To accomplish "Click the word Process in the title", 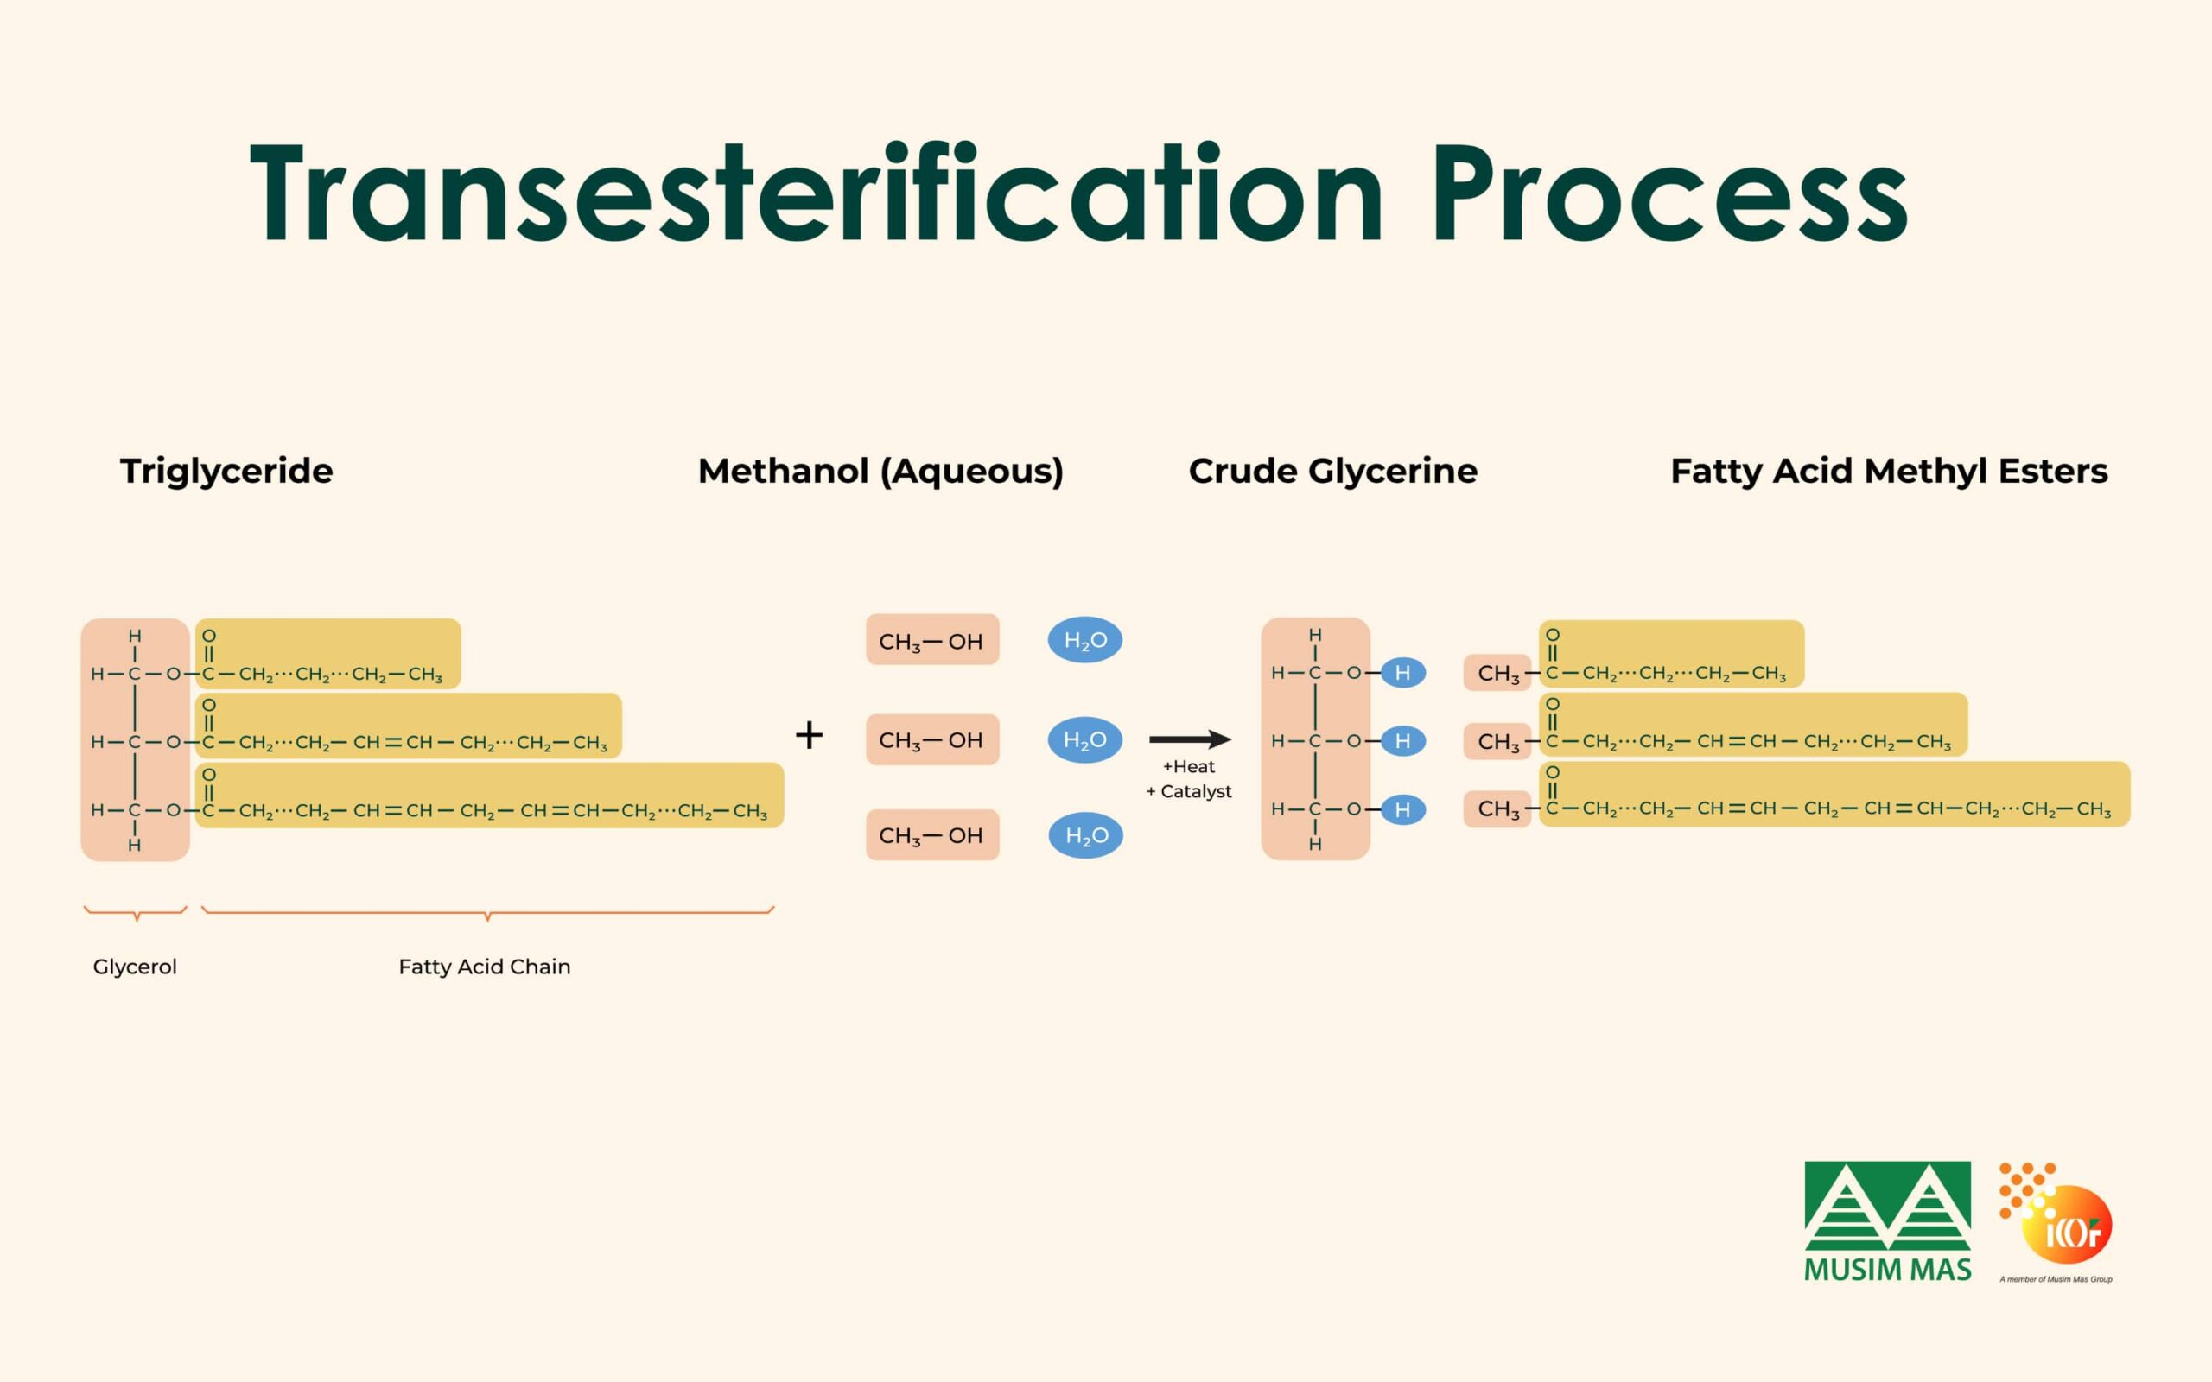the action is point(1670,193).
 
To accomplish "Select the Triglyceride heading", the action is point(226,472).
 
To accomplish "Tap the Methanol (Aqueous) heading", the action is point(881,472).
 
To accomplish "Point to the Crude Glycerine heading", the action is point(1332,472).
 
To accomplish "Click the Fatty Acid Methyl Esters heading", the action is point(1890,472).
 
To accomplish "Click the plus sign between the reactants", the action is point(809,735).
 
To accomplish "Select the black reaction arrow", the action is point(1190,739).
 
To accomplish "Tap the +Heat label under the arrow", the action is point(1188,767).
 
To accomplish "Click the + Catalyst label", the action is point(1188,791).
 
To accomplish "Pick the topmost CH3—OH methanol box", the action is point(932,640).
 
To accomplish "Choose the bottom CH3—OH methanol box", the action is point(932,834).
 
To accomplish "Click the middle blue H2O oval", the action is point(1085,739).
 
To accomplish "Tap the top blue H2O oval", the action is point(1085,640).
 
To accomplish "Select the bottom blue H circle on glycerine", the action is point(1403,810).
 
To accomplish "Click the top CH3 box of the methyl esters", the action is point(1497,674).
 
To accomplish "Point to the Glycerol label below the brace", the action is point(135,967).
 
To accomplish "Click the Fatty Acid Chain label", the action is point(485,967).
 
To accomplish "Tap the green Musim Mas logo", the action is point(1887,1221).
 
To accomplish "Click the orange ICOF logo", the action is point(2056,1222).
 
